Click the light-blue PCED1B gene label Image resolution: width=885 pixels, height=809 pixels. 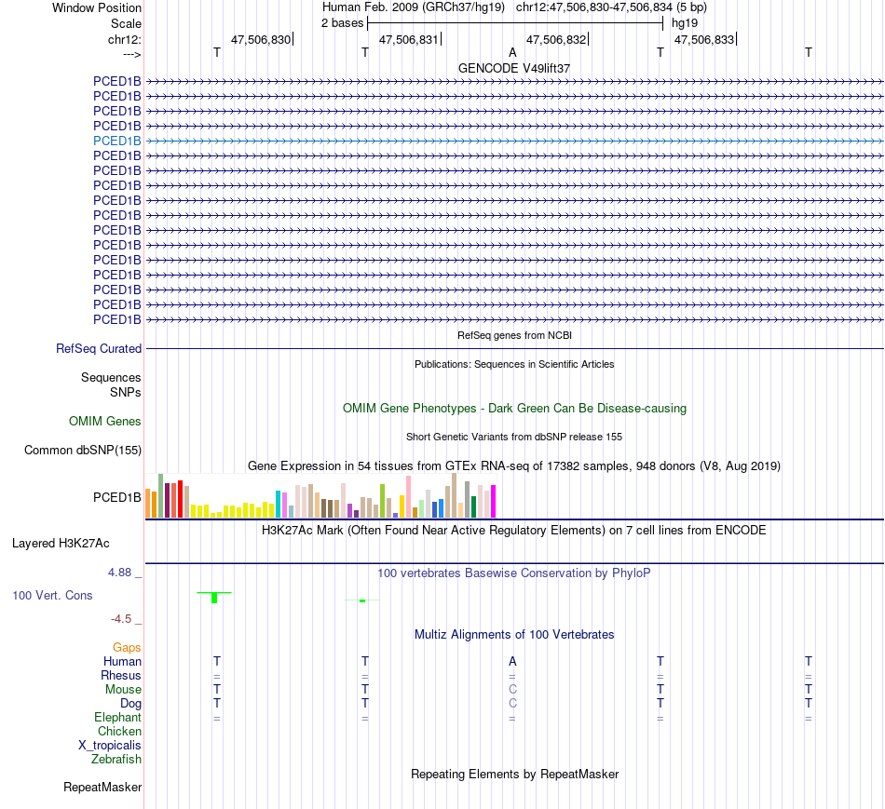pos(117,141)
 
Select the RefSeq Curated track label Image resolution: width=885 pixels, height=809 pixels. pos(99,349)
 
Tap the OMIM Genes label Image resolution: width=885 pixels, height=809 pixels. pos(105,422)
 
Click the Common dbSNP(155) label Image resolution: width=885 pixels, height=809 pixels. pos(82,451)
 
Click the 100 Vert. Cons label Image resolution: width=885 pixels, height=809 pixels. pos(52,595)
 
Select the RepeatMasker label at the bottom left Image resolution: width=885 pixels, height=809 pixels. pos(102,788)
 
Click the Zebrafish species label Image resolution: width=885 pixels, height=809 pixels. pos(116,760)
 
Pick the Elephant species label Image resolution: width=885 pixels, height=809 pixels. pos(117,718)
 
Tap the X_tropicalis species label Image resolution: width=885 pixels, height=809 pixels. pos(110,746)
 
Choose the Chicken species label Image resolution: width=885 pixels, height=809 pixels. pos(119,732)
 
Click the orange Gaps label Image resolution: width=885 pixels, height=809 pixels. pos(127,647)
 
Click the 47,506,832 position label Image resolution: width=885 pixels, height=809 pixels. pos(556,39)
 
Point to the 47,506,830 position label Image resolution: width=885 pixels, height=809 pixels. pos(261,39)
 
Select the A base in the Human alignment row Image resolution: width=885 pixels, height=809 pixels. pos(512,661)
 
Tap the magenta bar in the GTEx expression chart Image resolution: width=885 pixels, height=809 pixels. pos(494,502)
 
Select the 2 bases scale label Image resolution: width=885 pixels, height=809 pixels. pos(342,22)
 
